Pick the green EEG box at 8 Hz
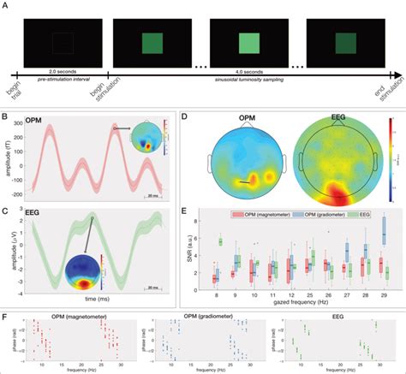tap(223, 242)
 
